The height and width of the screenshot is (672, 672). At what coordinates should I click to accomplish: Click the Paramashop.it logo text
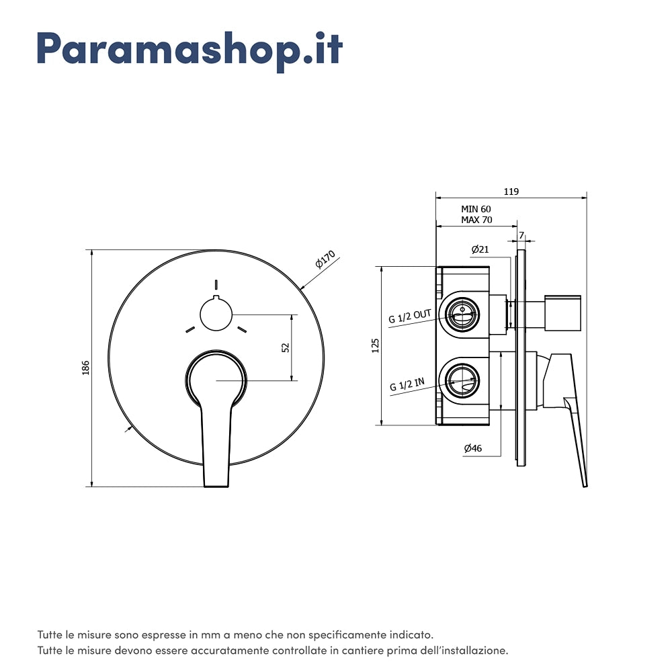coord(190,50)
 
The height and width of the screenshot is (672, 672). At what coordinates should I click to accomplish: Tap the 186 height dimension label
coord(86,368)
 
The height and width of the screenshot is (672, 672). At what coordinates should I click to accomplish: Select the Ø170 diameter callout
coord(325,259)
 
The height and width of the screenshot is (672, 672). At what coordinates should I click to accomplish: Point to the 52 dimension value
coord(286,347)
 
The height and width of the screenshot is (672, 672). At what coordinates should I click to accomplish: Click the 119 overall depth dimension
coord(511,192)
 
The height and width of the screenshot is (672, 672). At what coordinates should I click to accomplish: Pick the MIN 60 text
coord(476,209)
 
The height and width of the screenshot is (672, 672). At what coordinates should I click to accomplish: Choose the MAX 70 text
coord(476,220)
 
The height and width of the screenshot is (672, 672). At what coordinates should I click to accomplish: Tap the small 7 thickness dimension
coord(521,235)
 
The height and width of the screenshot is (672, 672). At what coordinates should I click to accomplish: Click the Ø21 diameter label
coord(480,249)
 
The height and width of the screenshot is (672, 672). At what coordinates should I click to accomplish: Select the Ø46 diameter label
coord(472,448)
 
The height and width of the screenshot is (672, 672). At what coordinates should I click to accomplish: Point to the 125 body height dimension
coord(376,345)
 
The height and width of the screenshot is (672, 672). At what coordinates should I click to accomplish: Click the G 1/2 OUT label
coord(410,316)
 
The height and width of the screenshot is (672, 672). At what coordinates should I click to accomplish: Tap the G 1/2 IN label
coord(407,384)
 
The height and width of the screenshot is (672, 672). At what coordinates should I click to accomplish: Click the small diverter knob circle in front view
coord(216,314)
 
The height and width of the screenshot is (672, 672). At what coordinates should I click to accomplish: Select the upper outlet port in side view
coord(462,314)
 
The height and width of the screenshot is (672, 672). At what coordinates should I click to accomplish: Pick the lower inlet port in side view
coord(462,380)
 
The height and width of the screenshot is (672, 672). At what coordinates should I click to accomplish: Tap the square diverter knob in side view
coord(562,313)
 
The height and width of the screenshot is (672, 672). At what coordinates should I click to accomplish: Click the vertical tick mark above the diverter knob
coord(216,285)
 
